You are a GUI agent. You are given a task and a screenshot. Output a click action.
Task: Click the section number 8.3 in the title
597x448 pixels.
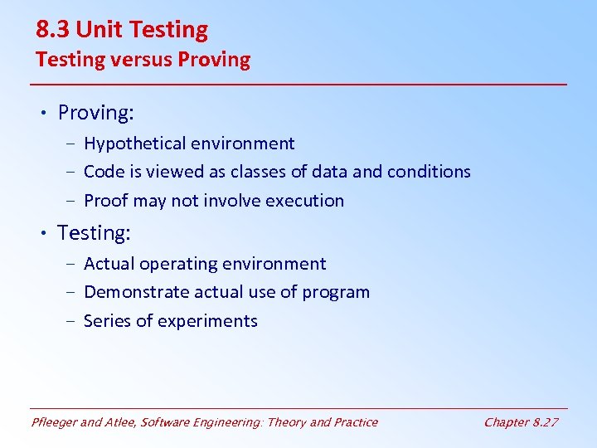click(53, 31)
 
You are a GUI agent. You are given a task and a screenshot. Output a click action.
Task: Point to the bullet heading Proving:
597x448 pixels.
click(95, 113)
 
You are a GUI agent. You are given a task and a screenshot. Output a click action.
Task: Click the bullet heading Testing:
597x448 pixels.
click(94, 233)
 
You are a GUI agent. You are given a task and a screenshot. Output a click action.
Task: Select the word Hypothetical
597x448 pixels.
click(134, 144)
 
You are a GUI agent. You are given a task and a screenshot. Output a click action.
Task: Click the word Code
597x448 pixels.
click(104, 172)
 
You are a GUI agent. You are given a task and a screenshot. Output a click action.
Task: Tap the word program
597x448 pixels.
click(337, 293)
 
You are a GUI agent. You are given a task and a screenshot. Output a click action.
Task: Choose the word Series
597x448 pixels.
click(108, 321)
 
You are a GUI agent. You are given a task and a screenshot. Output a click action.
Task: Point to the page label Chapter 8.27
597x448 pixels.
click(521, 422)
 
